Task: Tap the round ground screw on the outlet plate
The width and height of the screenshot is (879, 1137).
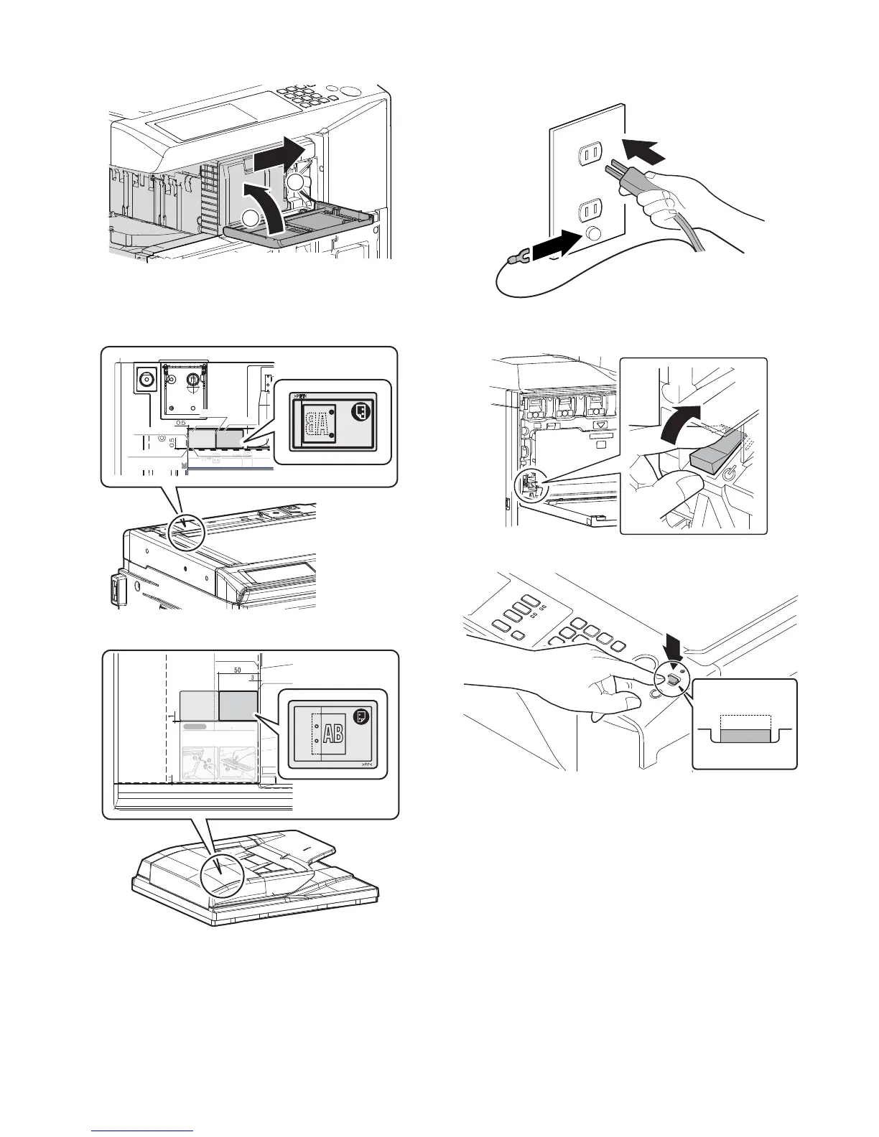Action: (x=592, y=233)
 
